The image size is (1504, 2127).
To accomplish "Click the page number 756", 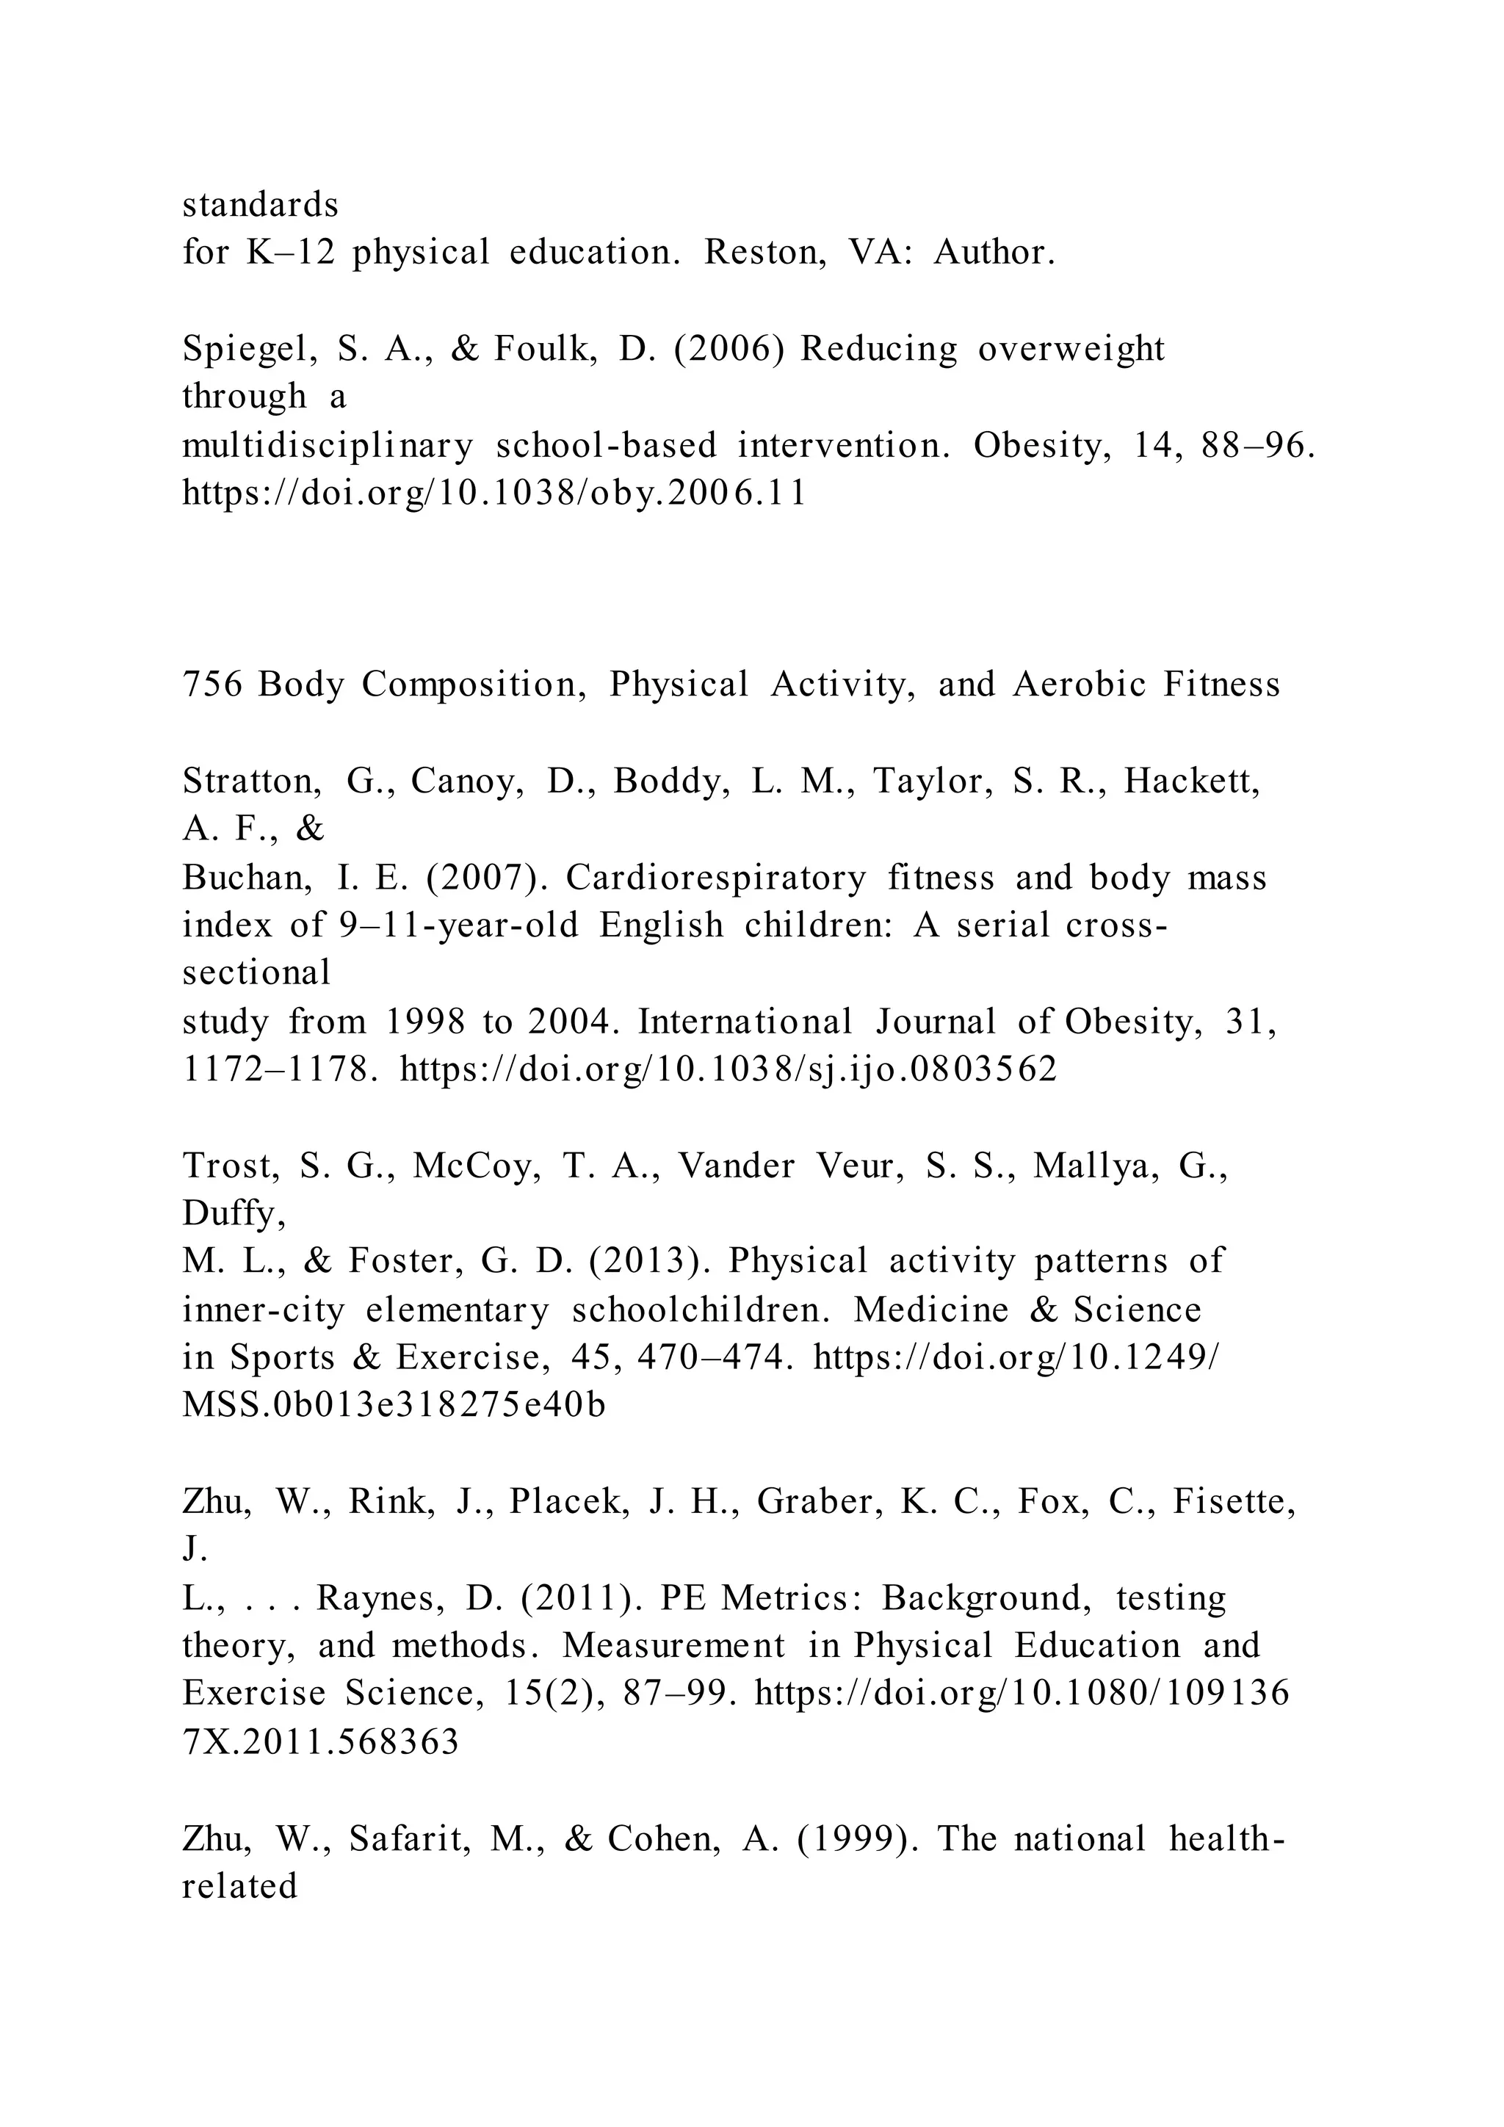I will click(x=212, y=685).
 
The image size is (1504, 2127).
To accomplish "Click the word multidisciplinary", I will click(x=327, y=447).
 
